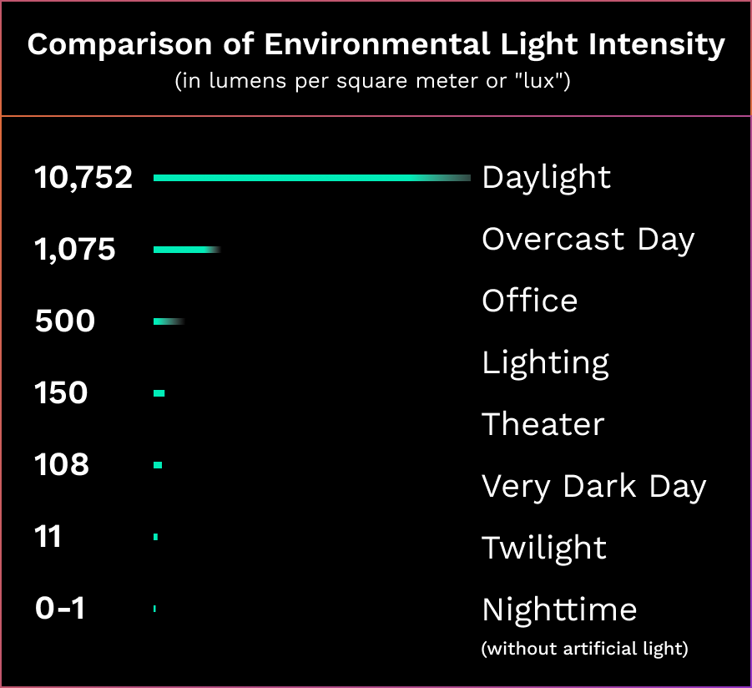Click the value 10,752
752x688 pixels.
(x=83, y=178)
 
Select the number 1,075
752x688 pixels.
(x=75, y=250)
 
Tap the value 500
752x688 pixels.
(x=65, y=321)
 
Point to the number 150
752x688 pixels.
(x=61, y=393)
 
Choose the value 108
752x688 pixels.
(x=62, y=465)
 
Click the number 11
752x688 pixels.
(x=48, y=537)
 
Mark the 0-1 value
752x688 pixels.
(x=60, y=609)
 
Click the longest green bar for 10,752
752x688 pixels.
(x=300, y=178)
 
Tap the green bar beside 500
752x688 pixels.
(x=167, y=321)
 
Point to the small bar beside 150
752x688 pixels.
(x=159, y=393)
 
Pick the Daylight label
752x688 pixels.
(x=547, y=178)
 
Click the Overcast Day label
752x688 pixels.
(x=588, y=240)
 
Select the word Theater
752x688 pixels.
(x=543, y=425)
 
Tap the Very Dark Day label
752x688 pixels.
(x=594, y=487)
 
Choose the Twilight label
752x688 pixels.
(x=544, y=549)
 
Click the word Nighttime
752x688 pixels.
(x=559, y=610)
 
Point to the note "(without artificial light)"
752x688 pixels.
(x=585, y=649)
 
